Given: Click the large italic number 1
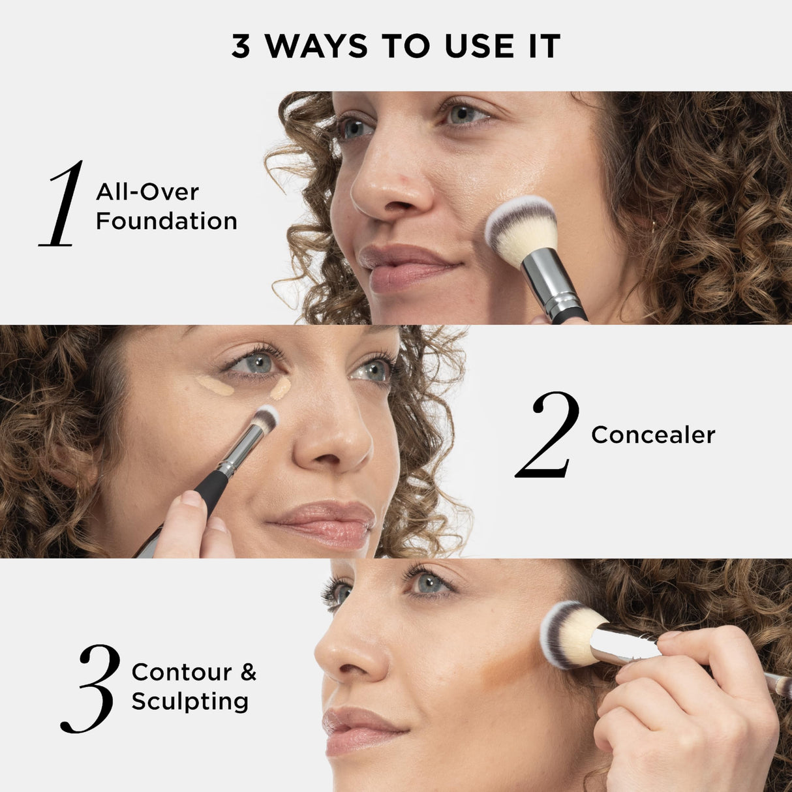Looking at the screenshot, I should coord(63,204).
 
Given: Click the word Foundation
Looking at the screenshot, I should coord(166,221).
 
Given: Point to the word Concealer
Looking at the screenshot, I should coord(653,435).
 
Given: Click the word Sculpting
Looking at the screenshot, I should coord(190,702).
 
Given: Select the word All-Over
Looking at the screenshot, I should coord(147,192).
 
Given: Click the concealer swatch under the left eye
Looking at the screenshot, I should coord(215,386).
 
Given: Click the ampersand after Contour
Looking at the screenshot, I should coord(249,672).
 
